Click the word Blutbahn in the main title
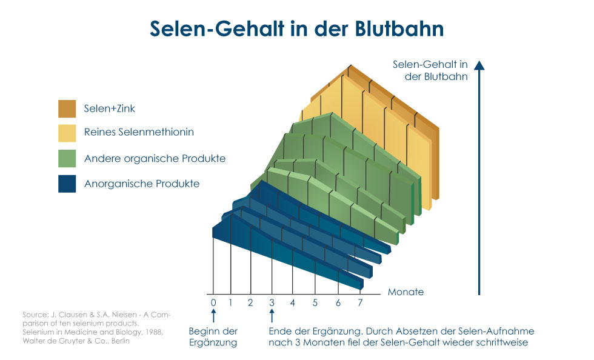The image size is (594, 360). pyautogui.click(x=399, y=28)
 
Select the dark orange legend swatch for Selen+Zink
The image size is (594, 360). pyautogui.click(x=67, y=108)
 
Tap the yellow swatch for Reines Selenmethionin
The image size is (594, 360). pyautogui.click(x=67, y=133)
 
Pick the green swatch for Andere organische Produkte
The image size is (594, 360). pyautogui.click(x=67, y=158)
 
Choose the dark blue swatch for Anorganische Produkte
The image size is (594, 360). pyautogui.click(x=67, y=184)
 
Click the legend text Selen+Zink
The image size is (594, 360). pyautogui.click(x=110, y=108)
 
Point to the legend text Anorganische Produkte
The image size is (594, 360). pyautogui.click(x=142, y=184)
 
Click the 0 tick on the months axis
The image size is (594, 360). pyautogui.click(x=213, y=303)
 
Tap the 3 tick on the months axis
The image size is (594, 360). pyautogui.click(x=272, y=303)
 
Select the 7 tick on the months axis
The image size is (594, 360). pyautogui.click(x=360, y=303)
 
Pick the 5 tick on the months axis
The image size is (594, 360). pyautogui.click(x=315, y=303)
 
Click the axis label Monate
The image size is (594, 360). pyautogui.click(x=405, y=292)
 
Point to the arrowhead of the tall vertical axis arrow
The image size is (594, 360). pyautogui.click(x=479, y=65)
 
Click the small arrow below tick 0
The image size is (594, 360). pyautogui.click(x=213, y=316)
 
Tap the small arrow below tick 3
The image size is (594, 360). pyautogui.click(x=272, y=316)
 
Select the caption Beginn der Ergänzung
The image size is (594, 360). pyautogui.click(x=213, y=337)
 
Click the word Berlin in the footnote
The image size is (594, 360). pyautogui.click(x=121, y=341)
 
